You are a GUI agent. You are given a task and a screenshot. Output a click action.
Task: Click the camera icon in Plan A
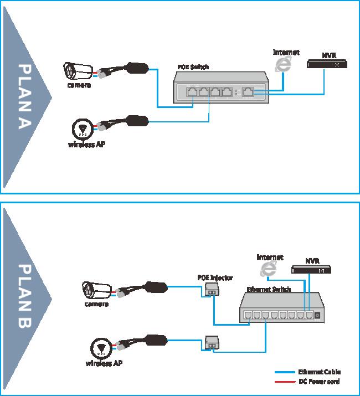point(77,71)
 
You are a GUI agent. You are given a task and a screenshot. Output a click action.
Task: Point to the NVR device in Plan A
point(327,64)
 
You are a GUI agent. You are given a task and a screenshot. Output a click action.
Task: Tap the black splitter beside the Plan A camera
point(135,69)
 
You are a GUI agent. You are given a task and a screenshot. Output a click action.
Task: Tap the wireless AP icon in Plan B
point(100,348)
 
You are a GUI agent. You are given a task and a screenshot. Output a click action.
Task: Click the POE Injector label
point(215,277)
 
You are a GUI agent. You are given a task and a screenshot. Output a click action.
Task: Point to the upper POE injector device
point(212,290)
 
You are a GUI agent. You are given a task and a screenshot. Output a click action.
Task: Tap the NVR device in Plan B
point(312,270)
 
